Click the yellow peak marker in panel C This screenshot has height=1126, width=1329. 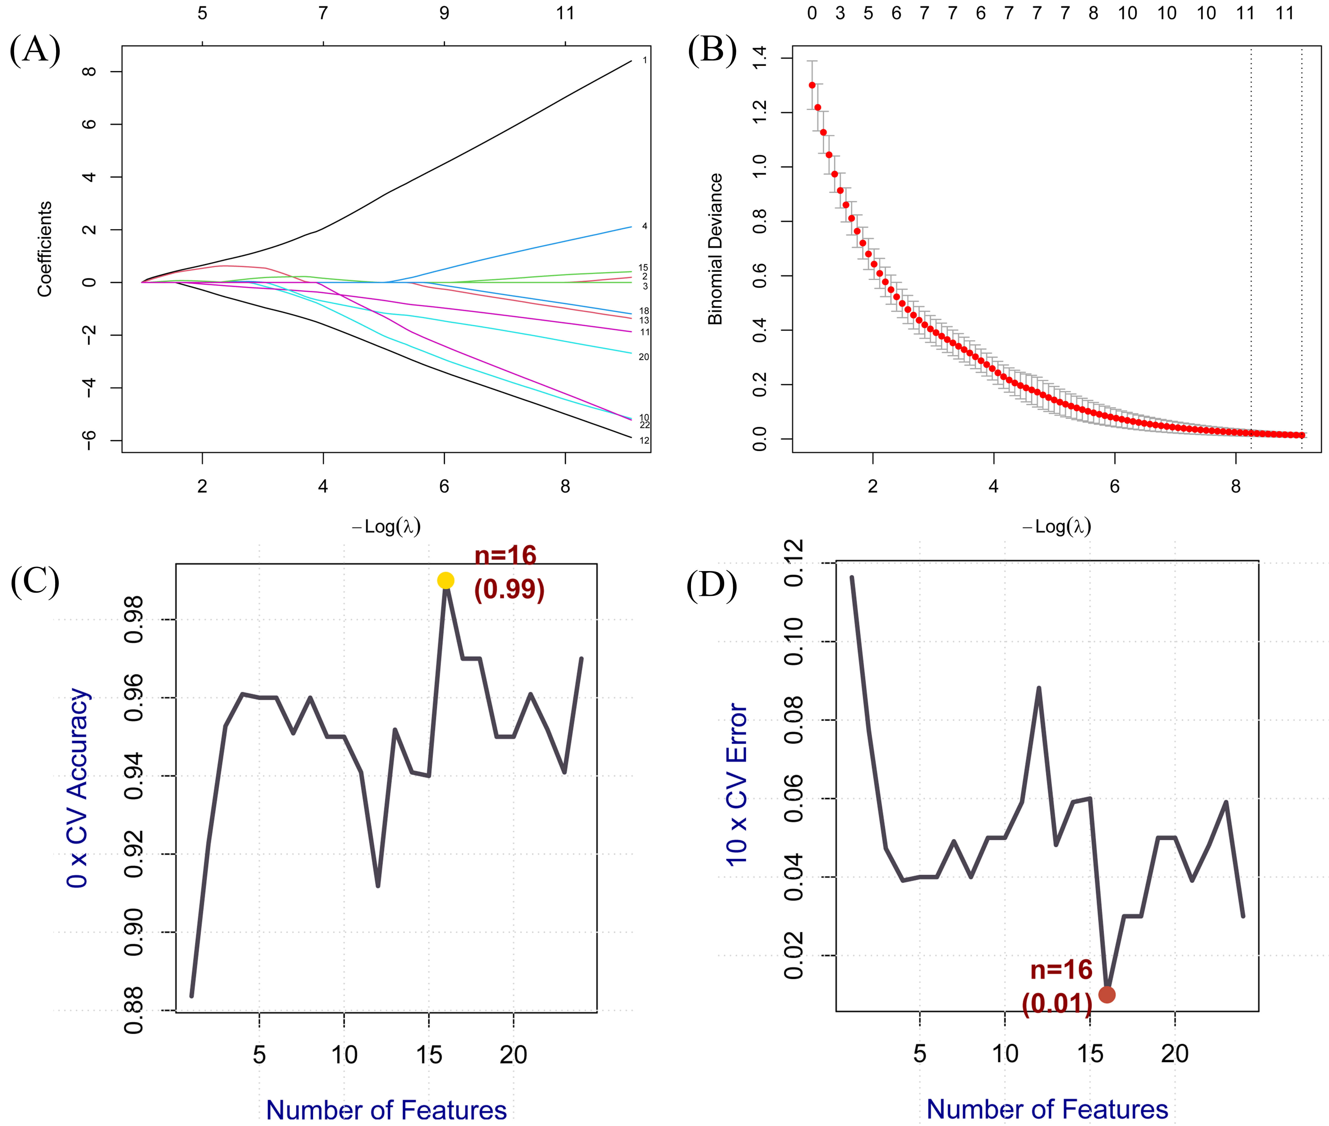pyautogui.click(x=446, y=580)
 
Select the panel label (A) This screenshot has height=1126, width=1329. pyautogui.click(x=35, y=50)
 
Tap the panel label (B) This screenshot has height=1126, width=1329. pyautogui.click(x=712, y=50)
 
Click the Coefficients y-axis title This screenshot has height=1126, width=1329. pyautogui.click(x=44, y=249)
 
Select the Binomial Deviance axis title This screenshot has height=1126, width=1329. pyautogui.click(x=715, y=249)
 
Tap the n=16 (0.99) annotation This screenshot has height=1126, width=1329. pyautogui.click(x=509, y=573)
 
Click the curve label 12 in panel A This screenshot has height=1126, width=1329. pyautogui.click(x=644, y=440)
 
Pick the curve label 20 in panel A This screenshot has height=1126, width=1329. pyautogui.click(x=644, y=357)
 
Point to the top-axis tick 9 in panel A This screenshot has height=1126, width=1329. pyautogui.click(x=444, y=13)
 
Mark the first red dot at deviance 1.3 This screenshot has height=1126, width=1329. pyautogui.click(x=812, y=85)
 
